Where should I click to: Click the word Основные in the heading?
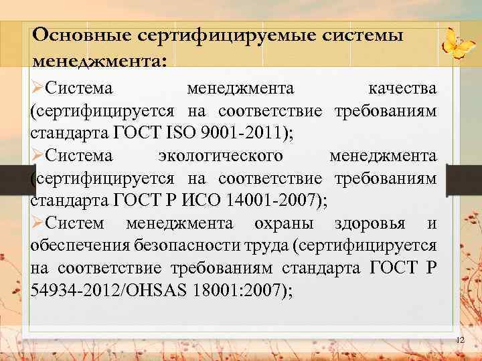coord(80,34)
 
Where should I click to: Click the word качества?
coord(402,88)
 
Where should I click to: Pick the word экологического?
coord(220,155)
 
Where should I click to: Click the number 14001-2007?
coord(271,199)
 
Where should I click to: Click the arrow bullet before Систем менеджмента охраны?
coord(37,222)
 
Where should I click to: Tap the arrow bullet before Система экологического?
coord(37,155)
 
